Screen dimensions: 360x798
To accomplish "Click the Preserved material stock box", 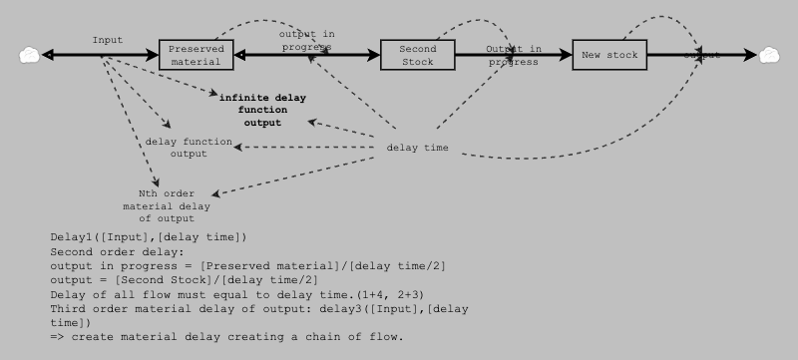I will click(x=197, y=55).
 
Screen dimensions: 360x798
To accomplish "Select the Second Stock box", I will click(x=418, y=55).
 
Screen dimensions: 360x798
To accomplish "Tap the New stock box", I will click(x=609, y=55).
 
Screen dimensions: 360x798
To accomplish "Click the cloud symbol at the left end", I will click(x=29, y=55).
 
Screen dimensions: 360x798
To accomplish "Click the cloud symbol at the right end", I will click(x=770, y=55).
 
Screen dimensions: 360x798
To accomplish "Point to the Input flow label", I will click(x=108, y=40).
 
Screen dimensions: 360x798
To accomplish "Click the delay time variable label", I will click(x=417, y=149).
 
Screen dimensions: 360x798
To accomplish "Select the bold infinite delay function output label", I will click(x=262, y=111).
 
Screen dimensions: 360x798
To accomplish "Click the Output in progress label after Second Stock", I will click(x=514, y=55).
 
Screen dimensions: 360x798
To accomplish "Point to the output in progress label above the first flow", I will click(x=306, y=40).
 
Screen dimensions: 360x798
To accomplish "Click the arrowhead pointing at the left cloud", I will click(x=47, y=55).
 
